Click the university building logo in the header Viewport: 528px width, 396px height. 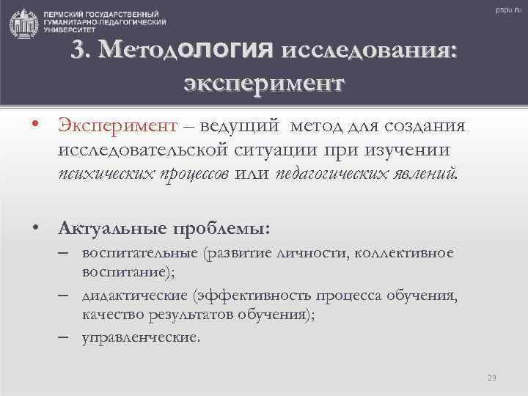coord(24,24)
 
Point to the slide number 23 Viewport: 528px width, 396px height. coord(492,378)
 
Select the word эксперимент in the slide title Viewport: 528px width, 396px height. coord(263,82)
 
